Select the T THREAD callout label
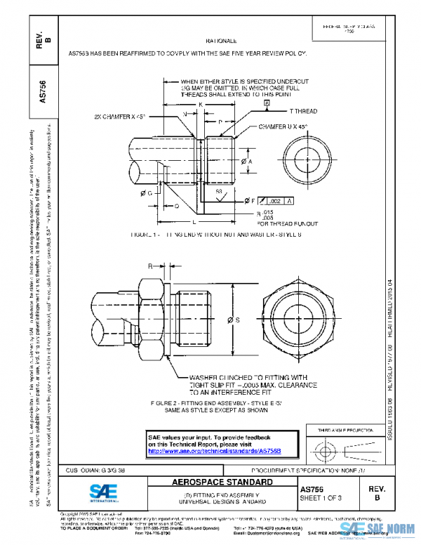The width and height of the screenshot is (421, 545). point(303,112)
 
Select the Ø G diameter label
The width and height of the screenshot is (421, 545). point(149,192)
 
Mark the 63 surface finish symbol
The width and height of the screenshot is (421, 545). point(219,192)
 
